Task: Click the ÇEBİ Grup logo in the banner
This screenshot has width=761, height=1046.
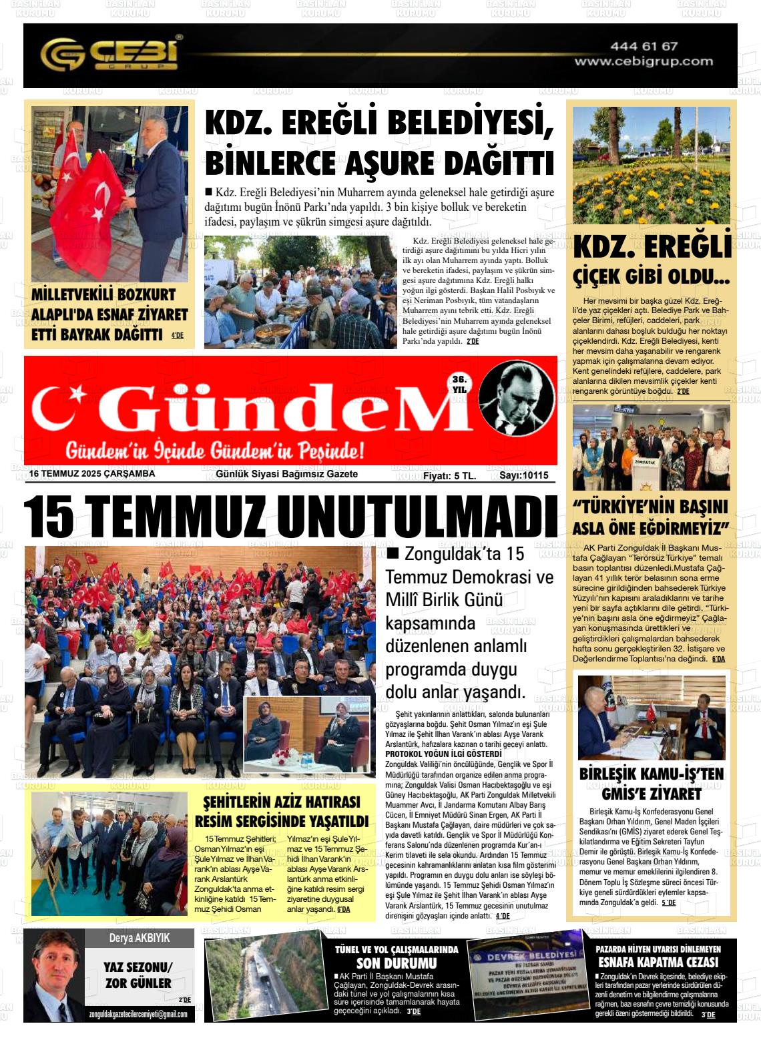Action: coord(111,55)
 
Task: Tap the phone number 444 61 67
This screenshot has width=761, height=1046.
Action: coord(644,46)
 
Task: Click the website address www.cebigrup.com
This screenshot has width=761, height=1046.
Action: coord(644,61)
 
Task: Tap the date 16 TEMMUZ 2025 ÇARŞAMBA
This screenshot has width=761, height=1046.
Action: coord(92,474)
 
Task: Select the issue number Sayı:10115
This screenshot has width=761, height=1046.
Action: coord(523,475)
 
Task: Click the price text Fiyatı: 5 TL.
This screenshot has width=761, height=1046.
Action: coord(449,475)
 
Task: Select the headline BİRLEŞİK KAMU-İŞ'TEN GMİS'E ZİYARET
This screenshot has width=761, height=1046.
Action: coord(652,784)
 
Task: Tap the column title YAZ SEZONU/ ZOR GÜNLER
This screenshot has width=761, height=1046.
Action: coord(138,975)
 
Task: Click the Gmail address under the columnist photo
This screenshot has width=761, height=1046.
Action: coord(138,1015)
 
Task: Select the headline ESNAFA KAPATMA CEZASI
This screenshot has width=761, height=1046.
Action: coord(658,962)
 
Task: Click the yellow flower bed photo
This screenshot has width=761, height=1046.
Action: coord(651,165)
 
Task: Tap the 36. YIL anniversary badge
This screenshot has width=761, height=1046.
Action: coord(459,384)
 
